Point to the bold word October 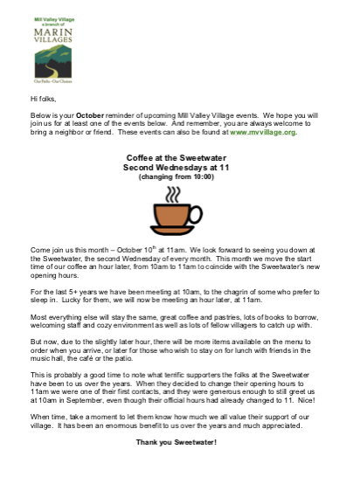point(90,115)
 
